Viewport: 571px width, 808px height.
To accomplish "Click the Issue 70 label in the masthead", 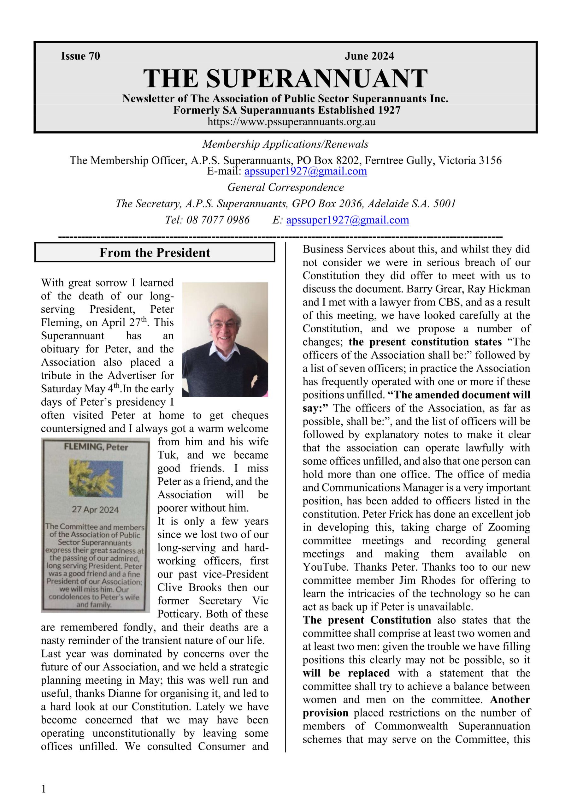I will (x=80, y=56).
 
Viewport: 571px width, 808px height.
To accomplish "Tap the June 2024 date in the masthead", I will (x=369, y=56).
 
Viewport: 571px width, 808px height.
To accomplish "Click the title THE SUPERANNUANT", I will (x=285, y=78).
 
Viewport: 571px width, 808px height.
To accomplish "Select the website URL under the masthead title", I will (x=291, y=122).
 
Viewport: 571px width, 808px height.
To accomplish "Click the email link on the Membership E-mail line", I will (x=305, y=171).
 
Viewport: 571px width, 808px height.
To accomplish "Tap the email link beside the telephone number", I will (x=347, y=220).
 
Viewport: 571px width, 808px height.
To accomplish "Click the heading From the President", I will (x=155, y=253).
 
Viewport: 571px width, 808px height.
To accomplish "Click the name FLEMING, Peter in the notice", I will (x=96, y=447).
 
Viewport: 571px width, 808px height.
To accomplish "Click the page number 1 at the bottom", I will (x=44, y=789).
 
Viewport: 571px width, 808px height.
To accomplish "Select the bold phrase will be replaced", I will (x=346, y=673).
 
